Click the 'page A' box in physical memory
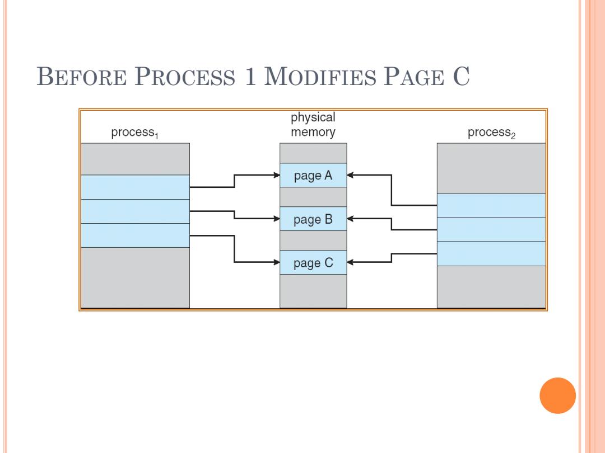[x=313, y=175]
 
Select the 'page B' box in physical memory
[x=313, y=219]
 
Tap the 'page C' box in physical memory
[x=313, y=262]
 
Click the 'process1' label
[x=134, y=133]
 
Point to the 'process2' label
[x=491, y=133]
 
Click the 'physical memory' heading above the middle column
[x=313, y=124]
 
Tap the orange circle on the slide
[x=557, y=395]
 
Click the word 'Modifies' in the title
[x=320, y=76]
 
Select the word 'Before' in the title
[x=81, y=76]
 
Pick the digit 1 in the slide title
[x=250, y=76]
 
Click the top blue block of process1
[x=135, y=187]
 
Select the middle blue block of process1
[x=135, y=211]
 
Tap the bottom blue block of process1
[x=135, y=235]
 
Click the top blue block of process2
[x=491, y=206]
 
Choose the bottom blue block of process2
[x=491, y=254]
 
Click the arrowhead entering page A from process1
[x=277, y=175]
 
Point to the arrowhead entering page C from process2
[x=350, y=262]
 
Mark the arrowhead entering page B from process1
[x=277, y=219]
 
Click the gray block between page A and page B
[x=313, y=197]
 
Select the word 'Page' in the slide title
[x=413, y=76]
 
